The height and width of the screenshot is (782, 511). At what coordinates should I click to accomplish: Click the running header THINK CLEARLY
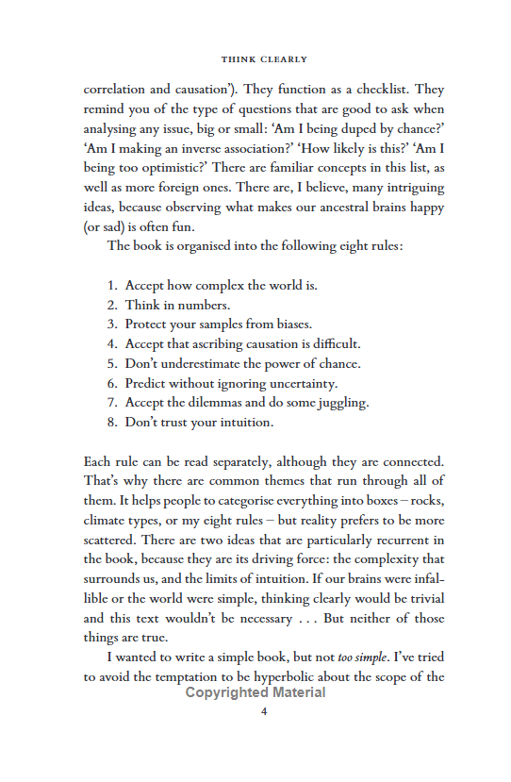264,59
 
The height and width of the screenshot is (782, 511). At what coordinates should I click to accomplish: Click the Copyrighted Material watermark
255,692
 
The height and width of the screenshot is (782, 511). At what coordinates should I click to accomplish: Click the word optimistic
162,167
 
